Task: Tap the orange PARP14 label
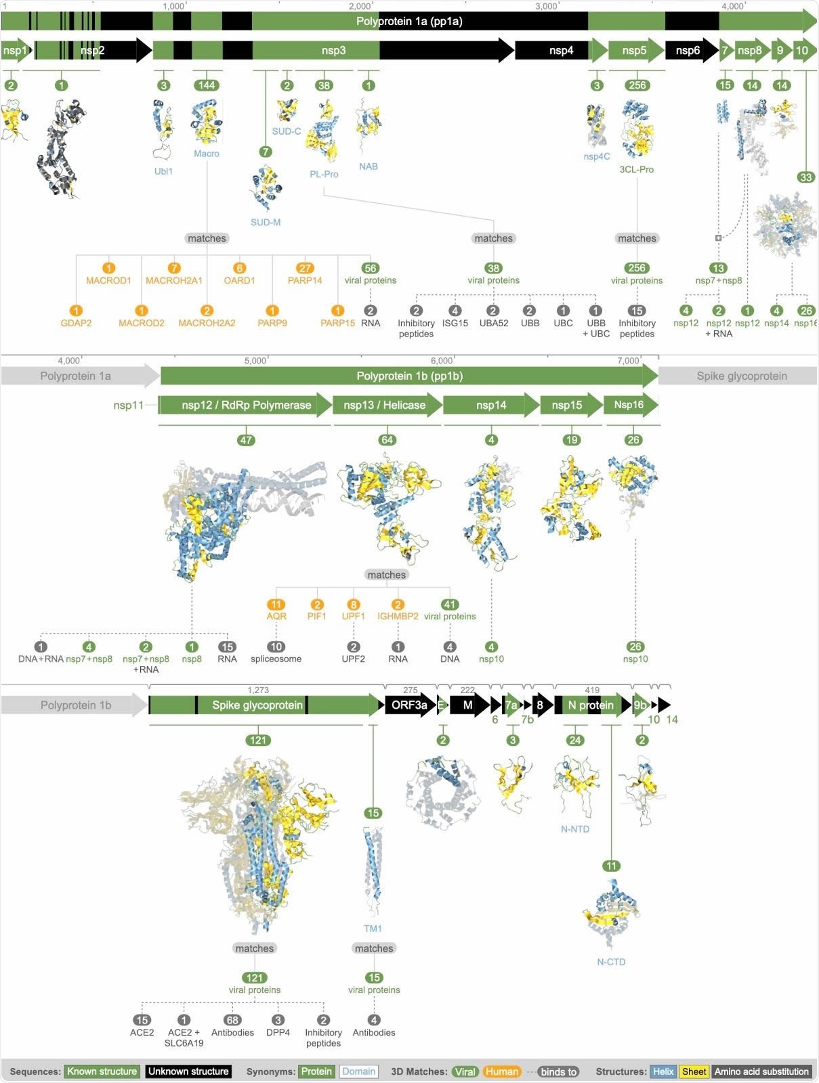(305, 280)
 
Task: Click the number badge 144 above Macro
(207, 85)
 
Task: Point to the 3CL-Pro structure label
(637, 169)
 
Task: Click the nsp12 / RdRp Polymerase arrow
(245, 405)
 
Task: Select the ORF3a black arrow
(409, 705)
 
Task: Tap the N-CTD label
(611, 962)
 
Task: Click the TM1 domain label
(373, 929)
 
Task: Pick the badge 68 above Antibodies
(232, 1020)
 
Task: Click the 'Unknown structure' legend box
(188, 1071)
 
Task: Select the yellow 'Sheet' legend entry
(694, 1071)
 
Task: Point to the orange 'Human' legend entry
(501, 1071)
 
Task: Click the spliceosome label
(276, 659)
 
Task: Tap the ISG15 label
(455, 323)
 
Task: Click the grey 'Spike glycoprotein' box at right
(741, 376)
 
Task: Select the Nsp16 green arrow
(630, 405)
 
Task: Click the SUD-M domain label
(266, 222)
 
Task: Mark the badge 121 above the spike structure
(258, 740)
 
